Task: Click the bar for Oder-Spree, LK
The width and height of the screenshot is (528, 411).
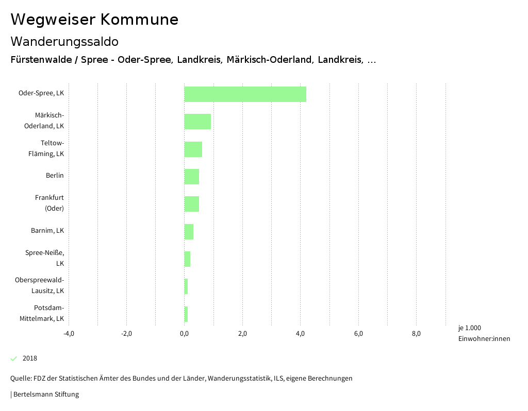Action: click(245, 94)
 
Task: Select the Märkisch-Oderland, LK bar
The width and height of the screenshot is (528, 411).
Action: click(197, 122)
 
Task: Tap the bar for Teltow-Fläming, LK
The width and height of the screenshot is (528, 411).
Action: click(193, 149)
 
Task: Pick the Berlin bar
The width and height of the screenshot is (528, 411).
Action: click(191, 177)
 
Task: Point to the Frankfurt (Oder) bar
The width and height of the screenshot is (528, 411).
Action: click(191, 204)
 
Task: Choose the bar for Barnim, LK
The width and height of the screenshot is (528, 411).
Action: click(189, 232)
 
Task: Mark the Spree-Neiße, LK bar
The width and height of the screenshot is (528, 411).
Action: click(187, 259)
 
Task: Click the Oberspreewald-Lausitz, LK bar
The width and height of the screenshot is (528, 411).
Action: click(186, 286)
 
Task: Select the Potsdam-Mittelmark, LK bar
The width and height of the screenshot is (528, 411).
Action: click(186, 314)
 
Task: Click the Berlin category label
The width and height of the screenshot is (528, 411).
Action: click(55, 176)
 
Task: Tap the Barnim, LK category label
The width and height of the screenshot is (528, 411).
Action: click(47, 230)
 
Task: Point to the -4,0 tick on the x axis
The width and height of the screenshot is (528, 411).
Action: click(69, 333)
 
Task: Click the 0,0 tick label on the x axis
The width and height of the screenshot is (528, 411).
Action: click(185, 333)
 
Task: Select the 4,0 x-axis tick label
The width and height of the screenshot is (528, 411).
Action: click(301, 333)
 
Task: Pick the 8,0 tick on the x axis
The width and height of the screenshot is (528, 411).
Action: click(417, 333)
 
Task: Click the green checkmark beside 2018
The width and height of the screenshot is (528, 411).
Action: click(14, 358)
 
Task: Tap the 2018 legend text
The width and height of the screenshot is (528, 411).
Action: click(30, 358)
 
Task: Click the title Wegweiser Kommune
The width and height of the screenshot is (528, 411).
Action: click(94, 20)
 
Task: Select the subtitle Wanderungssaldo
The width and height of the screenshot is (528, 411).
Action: click(64, 41)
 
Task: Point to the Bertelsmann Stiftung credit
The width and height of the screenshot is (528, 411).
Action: click(45, 395)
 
